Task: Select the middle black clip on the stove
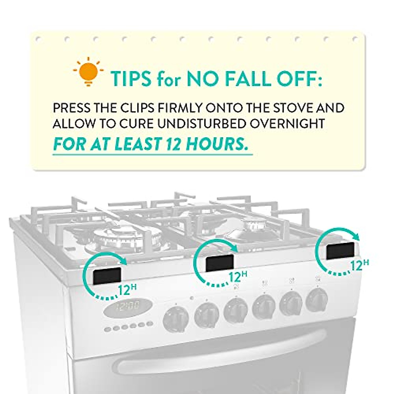220,263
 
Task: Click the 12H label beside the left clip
127,290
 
